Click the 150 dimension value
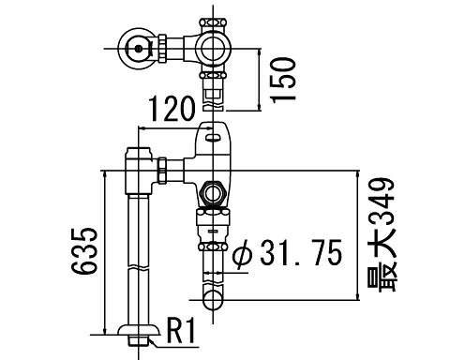point(284,80)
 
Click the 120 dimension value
point(172,109)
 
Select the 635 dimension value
point(84,251)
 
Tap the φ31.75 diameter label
point(287,253)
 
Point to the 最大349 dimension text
point(382,235)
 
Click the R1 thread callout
point(181,330)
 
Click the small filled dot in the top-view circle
point(138,49)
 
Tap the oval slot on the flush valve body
point(213,137)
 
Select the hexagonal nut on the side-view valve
point(213,193)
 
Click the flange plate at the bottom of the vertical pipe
point(139,330)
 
